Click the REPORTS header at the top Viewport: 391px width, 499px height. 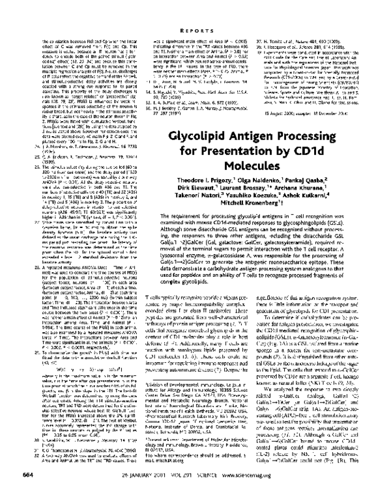tap(195, 11)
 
